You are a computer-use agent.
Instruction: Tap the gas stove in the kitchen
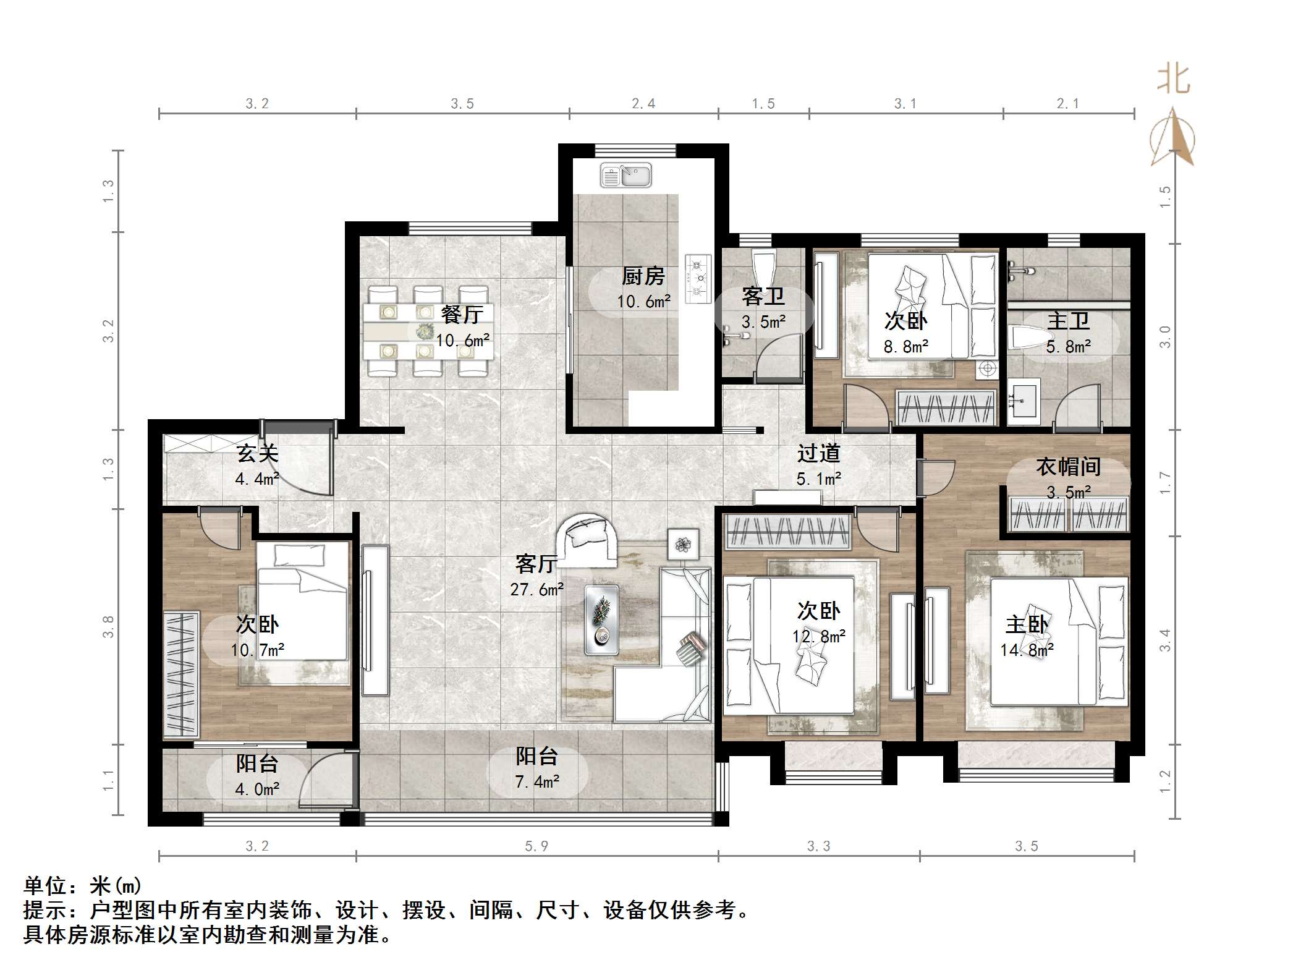click(699, 279)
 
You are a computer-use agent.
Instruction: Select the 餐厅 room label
click(462, 315)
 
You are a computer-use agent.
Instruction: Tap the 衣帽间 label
click(1068, 467)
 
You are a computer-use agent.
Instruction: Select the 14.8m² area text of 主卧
click(1027, 650)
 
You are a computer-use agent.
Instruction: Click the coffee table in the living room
click(601, 619)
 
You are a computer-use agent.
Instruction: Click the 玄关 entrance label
click(257, 454)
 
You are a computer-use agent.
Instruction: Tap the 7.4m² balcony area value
click(536, 782)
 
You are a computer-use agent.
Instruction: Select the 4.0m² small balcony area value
click(257, 789)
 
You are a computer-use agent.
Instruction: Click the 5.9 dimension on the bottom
click(536, 846)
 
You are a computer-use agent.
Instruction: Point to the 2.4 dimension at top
click(643, 104)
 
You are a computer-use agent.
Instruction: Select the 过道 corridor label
click(818, 454)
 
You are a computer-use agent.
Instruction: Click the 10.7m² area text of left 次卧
click(257, 650)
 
